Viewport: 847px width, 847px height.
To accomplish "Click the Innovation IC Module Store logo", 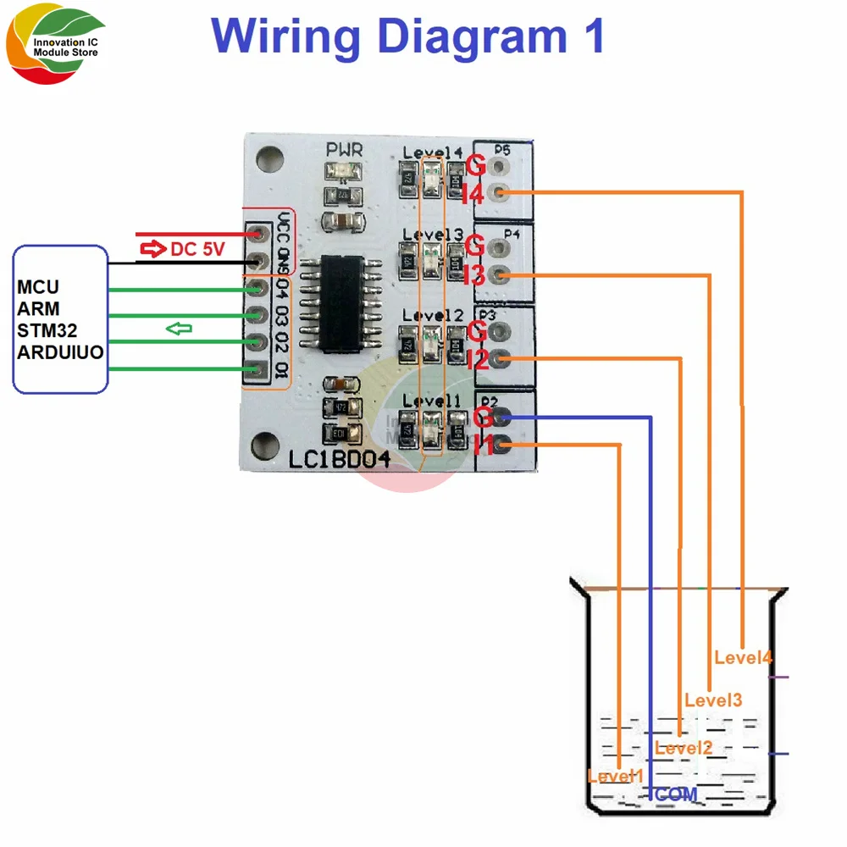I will click(x=53, y=47).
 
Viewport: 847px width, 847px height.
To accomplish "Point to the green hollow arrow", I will click(x=179, y=328).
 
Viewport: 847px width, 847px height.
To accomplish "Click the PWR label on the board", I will click(x=345, y=151).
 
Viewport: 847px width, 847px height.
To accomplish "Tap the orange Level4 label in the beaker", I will click(x=743, y=656).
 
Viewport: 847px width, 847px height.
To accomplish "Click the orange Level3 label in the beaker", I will click(x=713, y=700).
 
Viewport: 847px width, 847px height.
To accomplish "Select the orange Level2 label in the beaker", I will click(x=684, y=748).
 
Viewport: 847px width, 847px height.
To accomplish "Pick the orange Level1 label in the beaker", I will click(x=616, y=776).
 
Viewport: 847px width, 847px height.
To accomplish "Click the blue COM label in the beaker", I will click(x=676, y=794).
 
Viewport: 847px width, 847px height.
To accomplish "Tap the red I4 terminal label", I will click(x=472, y=195).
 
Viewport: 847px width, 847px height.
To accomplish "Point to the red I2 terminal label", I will click(x=477, y=360).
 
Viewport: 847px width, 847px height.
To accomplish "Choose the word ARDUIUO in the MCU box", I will click(x=60, y=352).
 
